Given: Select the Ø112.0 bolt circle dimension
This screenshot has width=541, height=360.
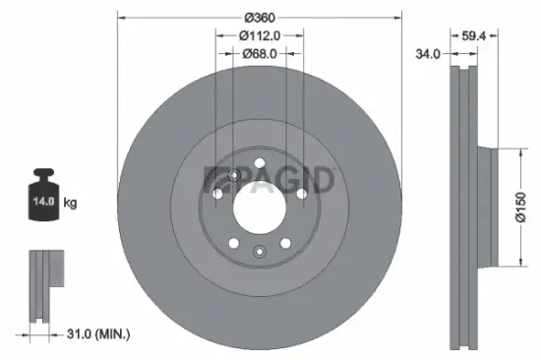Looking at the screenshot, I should point(259,36).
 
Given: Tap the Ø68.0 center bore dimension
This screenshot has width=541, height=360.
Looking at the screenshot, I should point(259,54).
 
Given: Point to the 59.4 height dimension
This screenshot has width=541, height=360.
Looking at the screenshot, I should point(475,36).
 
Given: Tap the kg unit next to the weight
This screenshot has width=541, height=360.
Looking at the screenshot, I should point(69,203).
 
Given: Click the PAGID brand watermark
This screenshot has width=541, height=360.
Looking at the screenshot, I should point(270,180).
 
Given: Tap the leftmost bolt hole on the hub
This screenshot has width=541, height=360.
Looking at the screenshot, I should point(218,193).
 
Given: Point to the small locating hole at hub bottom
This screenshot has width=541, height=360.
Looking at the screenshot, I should point(259,251).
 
